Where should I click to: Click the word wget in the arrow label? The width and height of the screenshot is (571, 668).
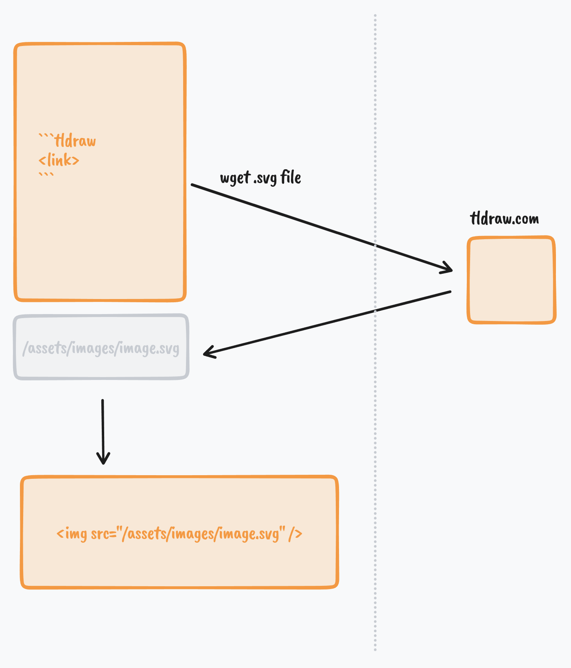[x=235, y=178]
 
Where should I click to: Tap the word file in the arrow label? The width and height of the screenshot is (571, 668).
[x=291, y=177]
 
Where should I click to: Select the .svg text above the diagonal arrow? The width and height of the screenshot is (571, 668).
[x=265, y=179]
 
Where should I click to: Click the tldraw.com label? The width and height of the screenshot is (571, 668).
[x=504, y=219]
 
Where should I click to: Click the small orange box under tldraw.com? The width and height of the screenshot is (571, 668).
[x=512, y=280]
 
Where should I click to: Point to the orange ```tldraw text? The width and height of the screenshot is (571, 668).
[x=68, y=141]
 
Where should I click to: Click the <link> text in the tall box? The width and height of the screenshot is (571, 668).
[x=59, y=160]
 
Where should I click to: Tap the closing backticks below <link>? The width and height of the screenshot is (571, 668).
[x=46, y=175]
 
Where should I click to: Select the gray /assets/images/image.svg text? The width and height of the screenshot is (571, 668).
[x=101, y=349]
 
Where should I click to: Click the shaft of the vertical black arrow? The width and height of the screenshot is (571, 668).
[x=103, y=427]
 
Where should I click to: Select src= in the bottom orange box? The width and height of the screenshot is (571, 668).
[x=103, y=533]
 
